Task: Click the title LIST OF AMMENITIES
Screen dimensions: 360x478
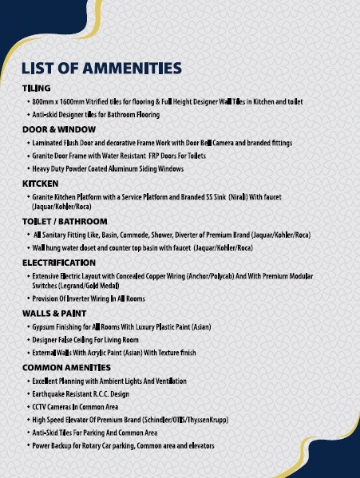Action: coord(101,69)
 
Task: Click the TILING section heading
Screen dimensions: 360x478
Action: coord(37,88)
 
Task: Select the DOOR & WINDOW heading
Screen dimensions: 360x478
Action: coord(59,129)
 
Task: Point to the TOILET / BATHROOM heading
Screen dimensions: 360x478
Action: coord(65,222)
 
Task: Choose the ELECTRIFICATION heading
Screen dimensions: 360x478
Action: coord(59,263)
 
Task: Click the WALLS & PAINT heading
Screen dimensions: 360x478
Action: coord(54,314)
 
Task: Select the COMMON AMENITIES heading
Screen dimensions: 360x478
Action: coord(66,367)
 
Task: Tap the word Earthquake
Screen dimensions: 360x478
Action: coord(51,394)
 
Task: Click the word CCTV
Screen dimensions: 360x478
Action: coord(42,407)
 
